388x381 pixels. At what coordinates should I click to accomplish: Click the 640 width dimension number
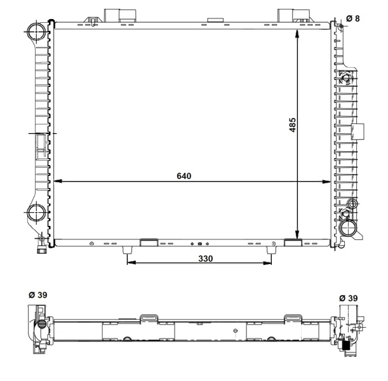[184, 175]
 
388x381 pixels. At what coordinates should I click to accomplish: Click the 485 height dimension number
[293, 124]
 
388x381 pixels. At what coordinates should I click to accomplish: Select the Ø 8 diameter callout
[353, 18]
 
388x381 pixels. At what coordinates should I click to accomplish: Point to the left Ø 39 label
[37, 295]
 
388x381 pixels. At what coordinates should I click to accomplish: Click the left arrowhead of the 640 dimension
[58, 182]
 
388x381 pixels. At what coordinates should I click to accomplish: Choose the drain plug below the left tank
[42, 246]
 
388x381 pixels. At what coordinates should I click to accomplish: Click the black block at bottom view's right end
[347, 345]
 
